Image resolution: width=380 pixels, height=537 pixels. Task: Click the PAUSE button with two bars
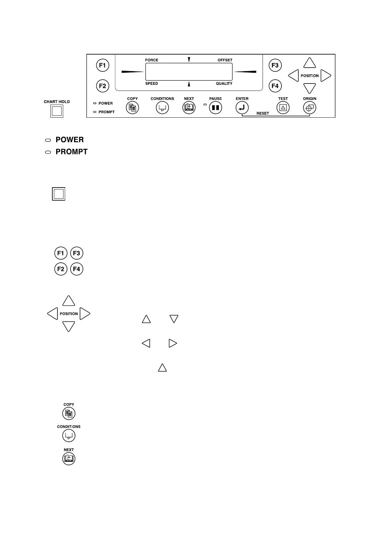tap(215, 108)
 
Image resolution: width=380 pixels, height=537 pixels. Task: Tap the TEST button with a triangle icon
tap(283, 108)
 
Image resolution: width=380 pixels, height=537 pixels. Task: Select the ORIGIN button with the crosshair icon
tap(309, 108)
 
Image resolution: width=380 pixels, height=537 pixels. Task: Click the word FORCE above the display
tap(152, 60)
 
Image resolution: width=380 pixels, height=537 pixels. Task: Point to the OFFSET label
tap(225, 60)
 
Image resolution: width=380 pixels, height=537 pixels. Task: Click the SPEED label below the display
tap(152, 84)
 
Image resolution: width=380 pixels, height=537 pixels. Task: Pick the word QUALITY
tap(224, 84)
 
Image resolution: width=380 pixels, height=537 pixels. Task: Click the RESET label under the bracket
tap(263, 113)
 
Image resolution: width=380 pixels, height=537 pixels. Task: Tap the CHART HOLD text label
tap(57, 102)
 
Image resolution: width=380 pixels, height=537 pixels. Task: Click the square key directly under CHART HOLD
tap(57, 111)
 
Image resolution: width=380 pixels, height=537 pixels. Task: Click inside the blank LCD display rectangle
tap(189, 72)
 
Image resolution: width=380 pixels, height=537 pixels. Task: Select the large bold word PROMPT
tap(71, 152)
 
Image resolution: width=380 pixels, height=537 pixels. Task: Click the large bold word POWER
tap(70, 140)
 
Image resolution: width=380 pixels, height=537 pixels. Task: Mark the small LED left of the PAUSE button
tap(205, 105)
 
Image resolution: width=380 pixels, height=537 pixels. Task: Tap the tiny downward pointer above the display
tap(189, 59)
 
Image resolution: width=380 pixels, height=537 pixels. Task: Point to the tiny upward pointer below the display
tap(189, 84)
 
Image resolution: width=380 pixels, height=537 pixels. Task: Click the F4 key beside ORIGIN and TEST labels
tap(275, 86)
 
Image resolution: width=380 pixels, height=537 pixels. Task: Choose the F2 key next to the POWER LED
tap(102, 86)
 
